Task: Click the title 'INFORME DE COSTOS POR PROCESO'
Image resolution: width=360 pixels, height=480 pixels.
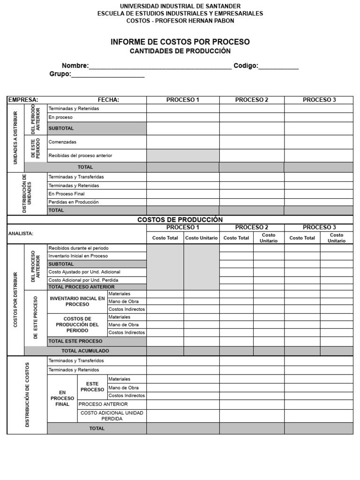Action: click(180, 42)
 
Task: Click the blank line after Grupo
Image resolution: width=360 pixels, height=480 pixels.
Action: click(108, 75)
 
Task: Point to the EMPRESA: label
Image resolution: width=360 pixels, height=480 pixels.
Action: click(23, 100)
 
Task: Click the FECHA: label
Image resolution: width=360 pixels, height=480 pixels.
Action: click(108, 100)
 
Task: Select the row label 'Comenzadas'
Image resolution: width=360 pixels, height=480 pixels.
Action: click(62, 142)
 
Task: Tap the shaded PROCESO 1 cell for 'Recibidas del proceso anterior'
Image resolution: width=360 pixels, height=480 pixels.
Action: click(183, 155)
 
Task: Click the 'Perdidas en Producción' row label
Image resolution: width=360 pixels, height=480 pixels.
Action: click(74, 202)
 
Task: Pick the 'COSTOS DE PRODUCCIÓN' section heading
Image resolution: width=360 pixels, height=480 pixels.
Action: click(180, 219)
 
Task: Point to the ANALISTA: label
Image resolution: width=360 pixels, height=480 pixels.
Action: click(21, 233)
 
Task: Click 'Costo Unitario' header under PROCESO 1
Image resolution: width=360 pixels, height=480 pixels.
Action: click(201, 238)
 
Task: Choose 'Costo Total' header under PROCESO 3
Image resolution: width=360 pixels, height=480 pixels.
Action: click(302, 238)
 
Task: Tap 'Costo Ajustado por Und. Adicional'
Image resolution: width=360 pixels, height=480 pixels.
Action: click(84, 272)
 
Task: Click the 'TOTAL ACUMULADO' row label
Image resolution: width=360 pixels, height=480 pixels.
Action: click(85, 351)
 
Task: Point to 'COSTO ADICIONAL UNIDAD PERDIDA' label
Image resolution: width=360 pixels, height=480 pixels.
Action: click(112, 416)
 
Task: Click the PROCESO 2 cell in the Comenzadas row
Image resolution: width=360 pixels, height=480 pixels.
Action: click(252, 142)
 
